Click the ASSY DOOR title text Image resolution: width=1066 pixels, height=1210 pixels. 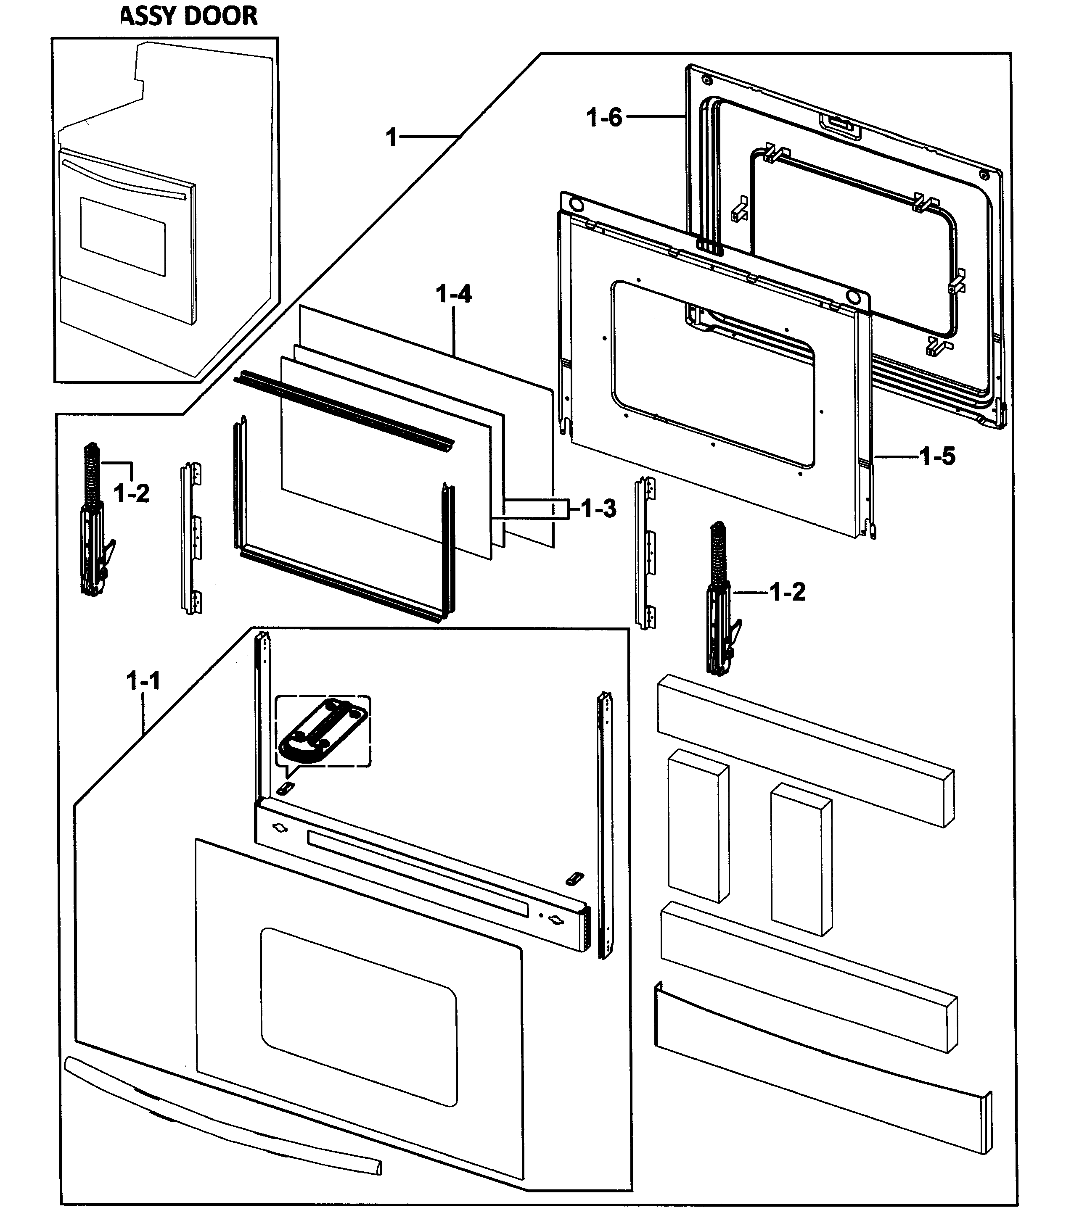point(190,16)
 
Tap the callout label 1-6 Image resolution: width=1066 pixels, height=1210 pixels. point(604,117)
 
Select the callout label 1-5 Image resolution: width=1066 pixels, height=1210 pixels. point(937,456)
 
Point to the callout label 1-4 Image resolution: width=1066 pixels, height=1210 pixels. point(454,294)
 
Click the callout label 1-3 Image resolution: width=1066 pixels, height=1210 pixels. point(598,508)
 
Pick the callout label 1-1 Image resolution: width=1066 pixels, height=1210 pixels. point(143,681)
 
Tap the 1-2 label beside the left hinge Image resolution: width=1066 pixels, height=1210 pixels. point(132,493)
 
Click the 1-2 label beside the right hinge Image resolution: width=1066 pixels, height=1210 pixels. point(788,591)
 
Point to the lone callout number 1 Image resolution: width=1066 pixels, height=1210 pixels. point(391,137)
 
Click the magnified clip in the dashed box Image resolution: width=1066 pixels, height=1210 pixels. point(323,732)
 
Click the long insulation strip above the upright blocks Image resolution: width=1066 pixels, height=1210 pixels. point(805,749)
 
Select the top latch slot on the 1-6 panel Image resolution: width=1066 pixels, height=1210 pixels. point(840,126)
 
